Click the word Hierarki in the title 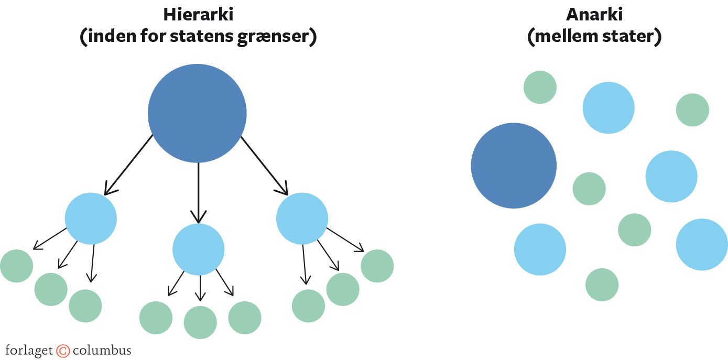[x=198, y=14]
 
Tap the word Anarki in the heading [x=594, y=14]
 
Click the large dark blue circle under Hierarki [x=197, y=113]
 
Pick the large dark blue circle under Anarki [x=514, y=166]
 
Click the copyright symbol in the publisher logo [x=63, y=351]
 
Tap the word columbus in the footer [x=102, y=350]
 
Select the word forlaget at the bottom [x=29, y=351]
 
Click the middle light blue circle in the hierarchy [x=198, y=249]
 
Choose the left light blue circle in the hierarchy [x=91, y=219]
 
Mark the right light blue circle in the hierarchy [x=302, y=219]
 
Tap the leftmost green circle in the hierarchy [x=16, y=266]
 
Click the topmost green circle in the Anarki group [x=540, y=87]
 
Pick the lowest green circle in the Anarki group [x=602, y=285]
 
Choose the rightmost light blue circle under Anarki [x=702, y=245]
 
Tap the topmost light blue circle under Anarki [x=609, y=108]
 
